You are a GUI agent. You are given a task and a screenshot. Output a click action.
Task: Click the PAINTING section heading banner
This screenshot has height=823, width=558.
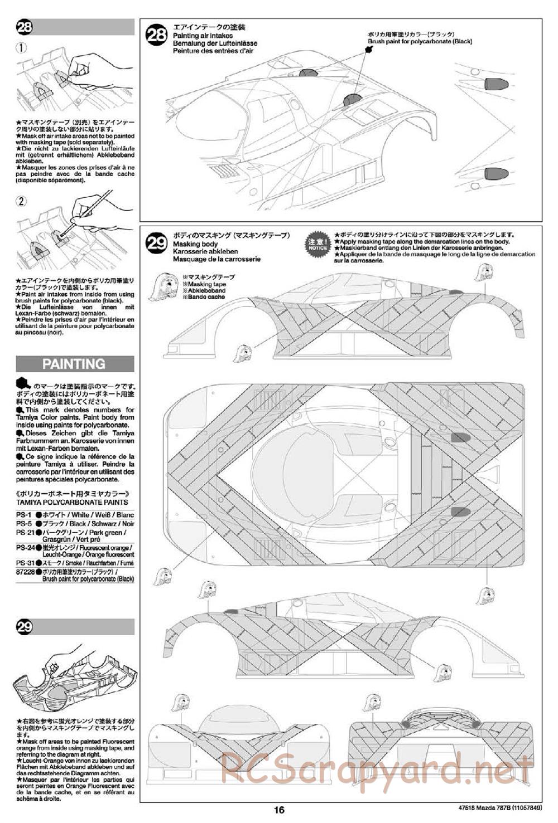[74, 364]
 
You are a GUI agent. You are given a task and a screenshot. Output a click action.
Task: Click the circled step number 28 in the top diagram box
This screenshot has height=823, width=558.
[156, 36]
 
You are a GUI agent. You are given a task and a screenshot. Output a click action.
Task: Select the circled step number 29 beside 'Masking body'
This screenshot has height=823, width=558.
[156, 244]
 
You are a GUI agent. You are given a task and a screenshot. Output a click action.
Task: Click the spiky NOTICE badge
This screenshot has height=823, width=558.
[317, 244]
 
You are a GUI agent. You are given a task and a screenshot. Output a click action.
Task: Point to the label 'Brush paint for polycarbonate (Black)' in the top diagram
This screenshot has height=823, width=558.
[420, 42]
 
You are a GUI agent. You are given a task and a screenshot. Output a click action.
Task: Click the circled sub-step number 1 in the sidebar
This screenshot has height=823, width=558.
[21, 48]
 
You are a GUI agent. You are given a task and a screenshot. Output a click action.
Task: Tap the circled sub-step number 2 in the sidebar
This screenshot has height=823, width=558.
[21, 201]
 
